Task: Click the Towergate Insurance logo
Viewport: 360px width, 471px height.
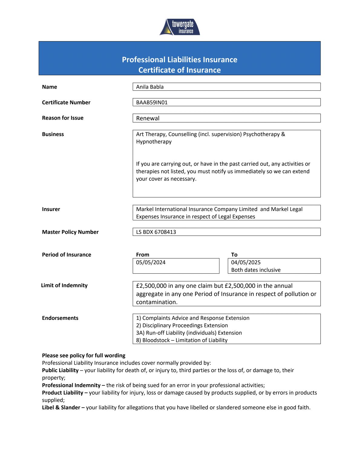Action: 180,27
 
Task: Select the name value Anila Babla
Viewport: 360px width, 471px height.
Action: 150,87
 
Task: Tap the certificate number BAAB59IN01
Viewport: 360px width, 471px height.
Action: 152,102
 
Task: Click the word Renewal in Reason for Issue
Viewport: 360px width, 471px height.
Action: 148,119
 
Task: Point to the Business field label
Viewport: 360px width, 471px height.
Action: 53,134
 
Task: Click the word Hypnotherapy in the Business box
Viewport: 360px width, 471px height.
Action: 154,142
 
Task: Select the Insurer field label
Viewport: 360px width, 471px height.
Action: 51,209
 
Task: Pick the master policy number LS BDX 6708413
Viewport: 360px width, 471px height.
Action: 156,232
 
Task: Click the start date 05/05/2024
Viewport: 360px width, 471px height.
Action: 151,262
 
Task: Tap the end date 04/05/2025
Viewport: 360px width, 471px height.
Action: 246,262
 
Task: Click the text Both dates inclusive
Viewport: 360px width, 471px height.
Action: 256,270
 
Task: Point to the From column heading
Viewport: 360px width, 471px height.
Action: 142,255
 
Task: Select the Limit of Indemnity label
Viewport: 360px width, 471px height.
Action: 64,285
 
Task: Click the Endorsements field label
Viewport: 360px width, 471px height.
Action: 60,318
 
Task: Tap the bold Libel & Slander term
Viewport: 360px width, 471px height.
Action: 61,408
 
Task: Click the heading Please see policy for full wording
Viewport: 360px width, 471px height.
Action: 83,356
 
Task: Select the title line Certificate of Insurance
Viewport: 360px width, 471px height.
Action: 180,70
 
